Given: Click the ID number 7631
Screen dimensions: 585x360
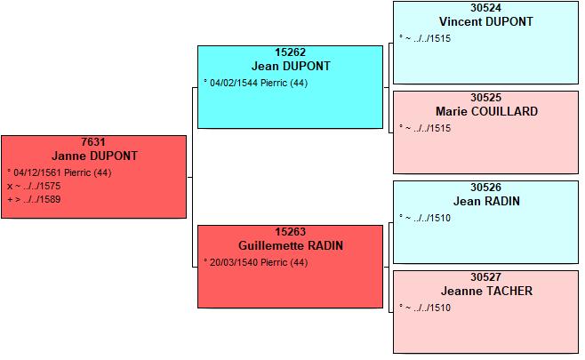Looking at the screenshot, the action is coord(93,142).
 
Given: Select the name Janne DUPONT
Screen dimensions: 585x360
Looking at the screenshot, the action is coord(94,156).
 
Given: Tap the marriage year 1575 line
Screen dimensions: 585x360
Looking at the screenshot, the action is coord(34,186).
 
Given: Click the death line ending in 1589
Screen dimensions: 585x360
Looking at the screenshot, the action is coord(34,200).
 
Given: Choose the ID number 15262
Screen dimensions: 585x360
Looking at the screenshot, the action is coord(290,52).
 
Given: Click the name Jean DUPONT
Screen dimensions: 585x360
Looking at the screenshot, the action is coord(291,66).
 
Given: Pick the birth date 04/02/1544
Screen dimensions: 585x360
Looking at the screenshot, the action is coord(234,83).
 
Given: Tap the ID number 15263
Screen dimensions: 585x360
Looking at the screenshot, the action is coord(290,232).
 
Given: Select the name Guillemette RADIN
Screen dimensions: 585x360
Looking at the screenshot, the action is coord(291,245).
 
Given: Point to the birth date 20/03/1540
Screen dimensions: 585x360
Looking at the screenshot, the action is coord(234,262).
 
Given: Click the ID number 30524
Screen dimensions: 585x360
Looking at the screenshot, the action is coord(485,8).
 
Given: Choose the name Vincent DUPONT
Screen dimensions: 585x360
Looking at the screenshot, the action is coord(486,21).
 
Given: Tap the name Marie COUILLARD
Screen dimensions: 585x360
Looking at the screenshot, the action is coord(486,111).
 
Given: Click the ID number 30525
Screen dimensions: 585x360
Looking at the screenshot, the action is coord(485,98).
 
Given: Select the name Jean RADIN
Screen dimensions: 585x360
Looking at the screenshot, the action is coord(486,201).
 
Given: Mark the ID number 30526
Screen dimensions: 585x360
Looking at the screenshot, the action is coord(485,188).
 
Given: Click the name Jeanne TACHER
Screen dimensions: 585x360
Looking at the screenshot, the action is coord(486,291).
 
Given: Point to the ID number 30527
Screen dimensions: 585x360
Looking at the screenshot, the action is coord(485,277).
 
